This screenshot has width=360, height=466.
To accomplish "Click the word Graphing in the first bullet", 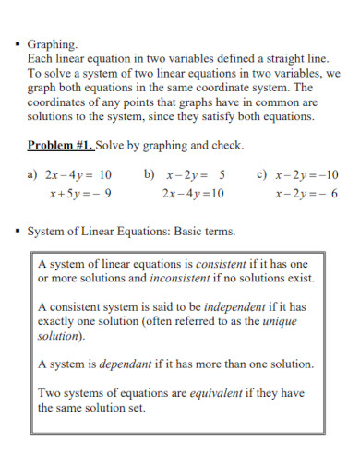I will pyautogui.click(x=53, y=43).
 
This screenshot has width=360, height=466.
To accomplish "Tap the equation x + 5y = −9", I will pyautogui.click(x=80, y=193).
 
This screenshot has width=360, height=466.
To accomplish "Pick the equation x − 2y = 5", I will pyautogui.click(x=196, y=173).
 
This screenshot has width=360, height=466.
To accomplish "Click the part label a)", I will pyautogui.click(x=34, y=173).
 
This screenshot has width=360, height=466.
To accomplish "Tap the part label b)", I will pyautogui.click(x=150, y=173).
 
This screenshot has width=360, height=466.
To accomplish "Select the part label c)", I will pyautogui.click(x=262, y=173).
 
